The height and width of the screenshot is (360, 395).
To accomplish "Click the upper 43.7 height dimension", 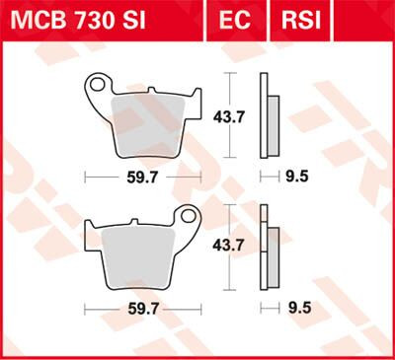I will (228, 115).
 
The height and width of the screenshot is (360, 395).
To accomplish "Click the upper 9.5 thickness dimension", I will (294, 178).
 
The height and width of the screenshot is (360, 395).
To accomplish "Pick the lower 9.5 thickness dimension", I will (294, 309).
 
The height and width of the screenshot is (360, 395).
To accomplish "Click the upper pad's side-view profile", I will (265, 116).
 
